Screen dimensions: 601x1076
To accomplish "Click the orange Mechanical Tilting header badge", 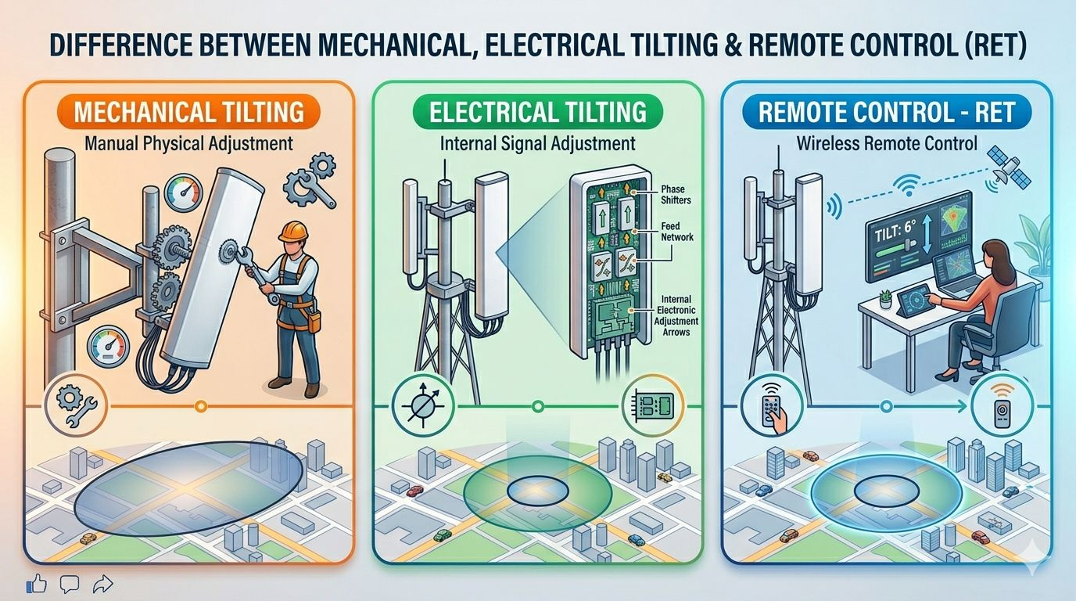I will pos(188,113).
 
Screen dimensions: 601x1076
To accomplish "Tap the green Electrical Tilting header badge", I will pos(538,112).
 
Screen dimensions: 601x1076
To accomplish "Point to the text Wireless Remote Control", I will pos(887,143).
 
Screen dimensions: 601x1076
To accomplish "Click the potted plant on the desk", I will pos(886,299).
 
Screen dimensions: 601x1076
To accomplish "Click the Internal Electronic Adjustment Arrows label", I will pos(679,315).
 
